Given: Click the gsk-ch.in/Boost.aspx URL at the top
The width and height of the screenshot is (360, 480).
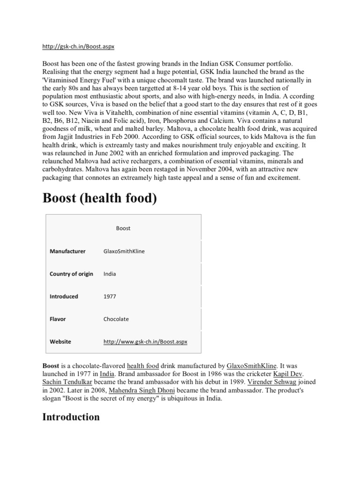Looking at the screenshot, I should tap(78, 47).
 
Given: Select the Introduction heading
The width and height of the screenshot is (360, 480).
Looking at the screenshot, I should tap(71, 417).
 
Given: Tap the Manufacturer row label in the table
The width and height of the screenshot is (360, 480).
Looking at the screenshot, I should tap(67, 251).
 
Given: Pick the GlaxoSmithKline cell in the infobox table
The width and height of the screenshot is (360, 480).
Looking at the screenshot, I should tap(124, 251).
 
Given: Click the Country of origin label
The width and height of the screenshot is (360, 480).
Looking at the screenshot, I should tap(71, 274).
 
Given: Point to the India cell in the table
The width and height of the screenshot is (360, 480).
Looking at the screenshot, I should tap(110, 274).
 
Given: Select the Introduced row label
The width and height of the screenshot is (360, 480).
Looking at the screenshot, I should tap(64, 296).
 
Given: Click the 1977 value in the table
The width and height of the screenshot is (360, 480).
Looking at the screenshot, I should tap(110, 296).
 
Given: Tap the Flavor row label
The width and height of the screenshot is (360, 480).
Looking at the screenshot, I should tap(58, 319).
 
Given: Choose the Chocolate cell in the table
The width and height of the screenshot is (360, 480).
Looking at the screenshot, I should tap(116, 319).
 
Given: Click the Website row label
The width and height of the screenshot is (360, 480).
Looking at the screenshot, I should tap(60, 342).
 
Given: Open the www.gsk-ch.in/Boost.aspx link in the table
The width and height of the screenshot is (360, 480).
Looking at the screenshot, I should tap(145, 342).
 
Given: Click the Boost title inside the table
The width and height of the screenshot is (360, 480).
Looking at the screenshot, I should tap(123, 228).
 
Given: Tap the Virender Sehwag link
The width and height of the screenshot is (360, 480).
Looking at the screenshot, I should tap(268, 382).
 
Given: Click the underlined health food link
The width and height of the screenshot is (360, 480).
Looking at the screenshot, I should tap(142, 366).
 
